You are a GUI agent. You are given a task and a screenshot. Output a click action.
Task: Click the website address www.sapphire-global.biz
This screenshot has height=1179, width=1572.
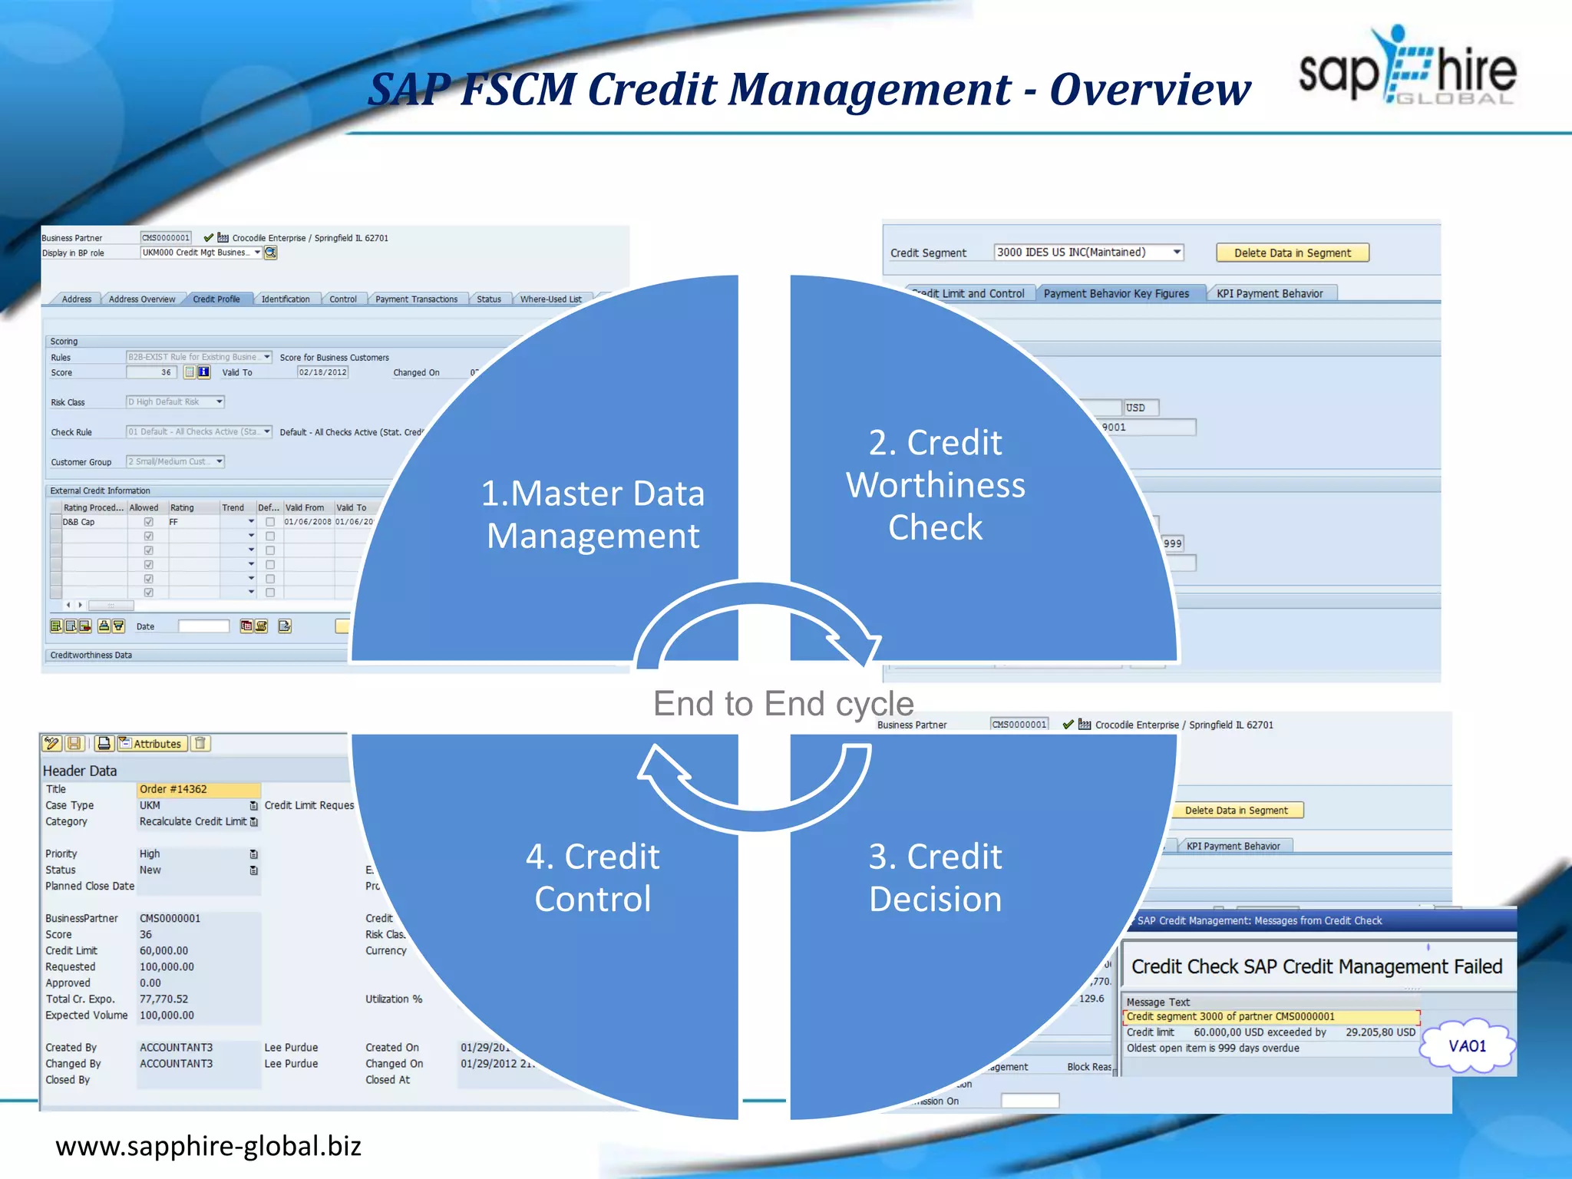click(x=208, y=1146)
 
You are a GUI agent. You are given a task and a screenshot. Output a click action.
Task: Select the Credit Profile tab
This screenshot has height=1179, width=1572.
click(x=216, y=299)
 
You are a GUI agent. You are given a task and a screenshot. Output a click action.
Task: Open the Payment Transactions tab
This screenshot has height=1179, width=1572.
click(x=416, y=299)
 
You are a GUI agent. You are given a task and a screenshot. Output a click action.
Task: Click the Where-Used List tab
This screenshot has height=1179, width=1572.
click(x=550, y=299)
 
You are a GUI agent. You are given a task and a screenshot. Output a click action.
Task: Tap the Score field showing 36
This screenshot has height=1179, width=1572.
click(x=152, y=372)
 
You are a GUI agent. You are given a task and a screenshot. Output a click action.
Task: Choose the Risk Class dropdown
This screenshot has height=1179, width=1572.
click(x=175, y=401)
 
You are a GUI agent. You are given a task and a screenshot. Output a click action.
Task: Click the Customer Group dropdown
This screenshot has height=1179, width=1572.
click(x=175, y=461)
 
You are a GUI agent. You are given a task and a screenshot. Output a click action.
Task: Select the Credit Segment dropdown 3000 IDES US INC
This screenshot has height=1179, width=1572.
click(x=1088, y=253)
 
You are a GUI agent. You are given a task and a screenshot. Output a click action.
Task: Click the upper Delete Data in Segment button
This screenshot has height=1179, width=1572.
click(x=1292, y=253)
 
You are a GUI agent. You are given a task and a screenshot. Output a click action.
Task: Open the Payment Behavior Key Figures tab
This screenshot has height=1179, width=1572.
click(x=1116, y=293)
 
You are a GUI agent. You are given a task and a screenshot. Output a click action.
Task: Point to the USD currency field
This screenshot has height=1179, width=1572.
click(x=1141, y=408)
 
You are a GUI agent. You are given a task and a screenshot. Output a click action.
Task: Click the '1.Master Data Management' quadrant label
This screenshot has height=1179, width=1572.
click(x=593, y=514)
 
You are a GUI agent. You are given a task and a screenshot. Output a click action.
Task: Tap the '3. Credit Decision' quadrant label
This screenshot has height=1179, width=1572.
click(x=935, y=877)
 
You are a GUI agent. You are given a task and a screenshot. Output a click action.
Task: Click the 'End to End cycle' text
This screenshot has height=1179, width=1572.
click(x=783, y=703)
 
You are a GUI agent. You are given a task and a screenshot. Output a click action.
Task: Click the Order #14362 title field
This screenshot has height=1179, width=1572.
click(x=199, y=789)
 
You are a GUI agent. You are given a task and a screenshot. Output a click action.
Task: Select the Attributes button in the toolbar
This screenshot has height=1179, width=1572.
click(x=151, y=744)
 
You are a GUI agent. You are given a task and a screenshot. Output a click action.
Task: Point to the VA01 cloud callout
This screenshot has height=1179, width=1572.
click(x=1467, y=1046)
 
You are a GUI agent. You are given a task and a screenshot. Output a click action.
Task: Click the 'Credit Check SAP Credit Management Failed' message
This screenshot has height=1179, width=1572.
click(x=1316, y=966)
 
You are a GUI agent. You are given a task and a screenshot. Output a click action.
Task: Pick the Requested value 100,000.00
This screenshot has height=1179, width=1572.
click(x=167, y=967)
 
